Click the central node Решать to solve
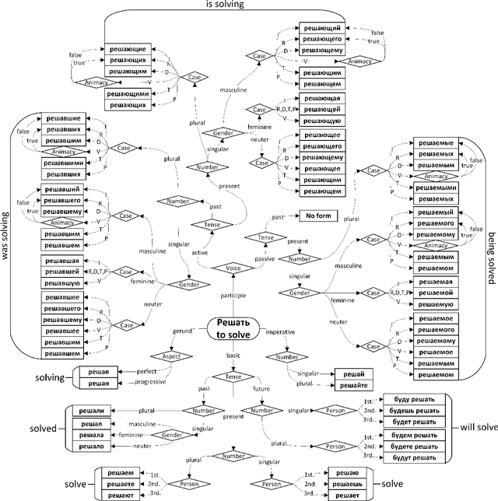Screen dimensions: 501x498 (233, 329)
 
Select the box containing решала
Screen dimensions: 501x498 (86, 436)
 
